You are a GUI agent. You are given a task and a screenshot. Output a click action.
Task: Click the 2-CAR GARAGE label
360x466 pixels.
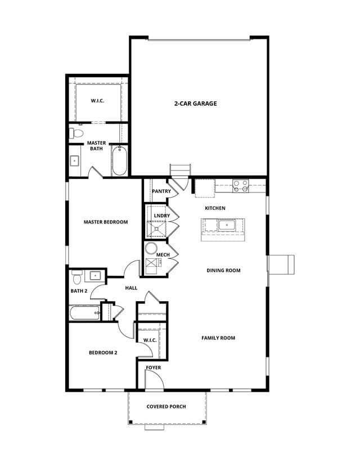click(x=195, y=104)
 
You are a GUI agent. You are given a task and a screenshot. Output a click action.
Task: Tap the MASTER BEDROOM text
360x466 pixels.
click(x=106, y=222)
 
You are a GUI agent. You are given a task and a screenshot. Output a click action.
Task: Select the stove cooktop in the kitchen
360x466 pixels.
click(x=241, y=186)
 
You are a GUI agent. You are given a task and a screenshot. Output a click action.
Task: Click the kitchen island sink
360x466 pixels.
click(x=227, y=225)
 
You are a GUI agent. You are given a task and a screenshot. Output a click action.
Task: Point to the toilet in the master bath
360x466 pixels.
click(x=76, y=133)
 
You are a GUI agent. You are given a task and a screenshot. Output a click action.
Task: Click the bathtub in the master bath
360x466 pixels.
click(x=120, y=161)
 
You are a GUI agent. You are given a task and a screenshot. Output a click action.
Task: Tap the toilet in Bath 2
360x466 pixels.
click(x=77, y=277)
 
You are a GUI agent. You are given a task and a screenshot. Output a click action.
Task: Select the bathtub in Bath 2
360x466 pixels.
click(x=85, y=313)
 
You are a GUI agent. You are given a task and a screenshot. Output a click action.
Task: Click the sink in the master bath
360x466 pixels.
click(x=74, y=161)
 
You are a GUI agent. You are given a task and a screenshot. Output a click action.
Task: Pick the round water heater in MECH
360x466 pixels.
click(x=151, y=248)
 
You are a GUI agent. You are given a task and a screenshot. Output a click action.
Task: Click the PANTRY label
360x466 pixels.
click(x=161, y=191)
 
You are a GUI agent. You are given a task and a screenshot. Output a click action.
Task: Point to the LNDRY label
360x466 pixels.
click(x=162, y=216)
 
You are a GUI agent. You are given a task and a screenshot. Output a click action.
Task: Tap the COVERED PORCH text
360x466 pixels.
click(x=166, y=406)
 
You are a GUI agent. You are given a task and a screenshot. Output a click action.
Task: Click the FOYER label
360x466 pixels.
click(x=153, y=368)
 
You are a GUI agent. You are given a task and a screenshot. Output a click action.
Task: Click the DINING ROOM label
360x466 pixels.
click(x=223, y=271)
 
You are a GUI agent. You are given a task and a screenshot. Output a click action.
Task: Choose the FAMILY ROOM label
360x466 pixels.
click(x=218, y=338)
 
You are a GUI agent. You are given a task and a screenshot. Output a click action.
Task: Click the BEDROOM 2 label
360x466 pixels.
click(x=103, y=353)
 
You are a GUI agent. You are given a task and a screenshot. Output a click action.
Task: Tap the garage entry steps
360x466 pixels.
click(x=180, y=170)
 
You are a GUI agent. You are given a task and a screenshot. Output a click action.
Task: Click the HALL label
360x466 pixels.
click(x=131, y=288)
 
